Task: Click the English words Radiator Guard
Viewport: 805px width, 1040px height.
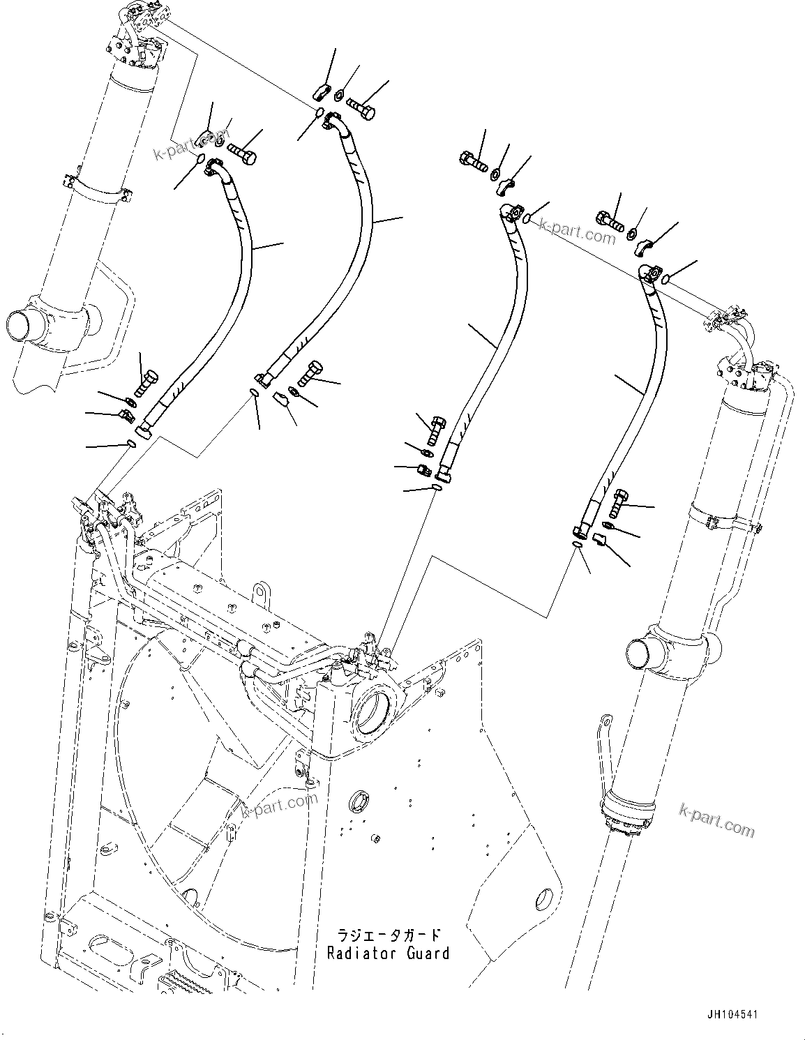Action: point(389,952)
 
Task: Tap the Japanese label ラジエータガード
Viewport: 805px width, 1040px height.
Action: point(389,935)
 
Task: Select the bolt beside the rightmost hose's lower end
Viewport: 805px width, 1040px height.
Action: point(618,502)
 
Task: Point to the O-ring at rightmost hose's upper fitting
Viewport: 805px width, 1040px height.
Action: point(666,280)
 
